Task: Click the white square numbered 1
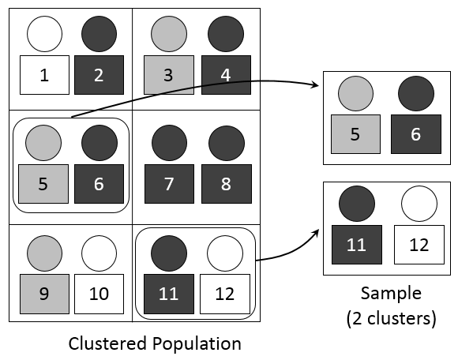point(43,75)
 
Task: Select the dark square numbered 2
point(99,75)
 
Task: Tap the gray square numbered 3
point(167,75)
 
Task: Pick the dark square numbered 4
point(225,75)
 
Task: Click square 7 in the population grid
point(167,184)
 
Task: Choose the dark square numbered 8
point(225,184)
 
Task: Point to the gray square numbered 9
point(43,294)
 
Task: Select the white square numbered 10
point(99,294)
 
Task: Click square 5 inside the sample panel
point(355,134)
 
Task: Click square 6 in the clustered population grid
point(99,184)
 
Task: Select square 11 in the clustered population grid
point(167,294)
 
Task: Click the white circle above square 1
point(43,33)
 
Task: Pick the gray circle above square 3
point(167,33)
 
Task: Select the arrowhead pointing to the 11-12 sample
point(317,231)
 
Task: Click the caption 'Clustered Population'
point(154,343)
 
